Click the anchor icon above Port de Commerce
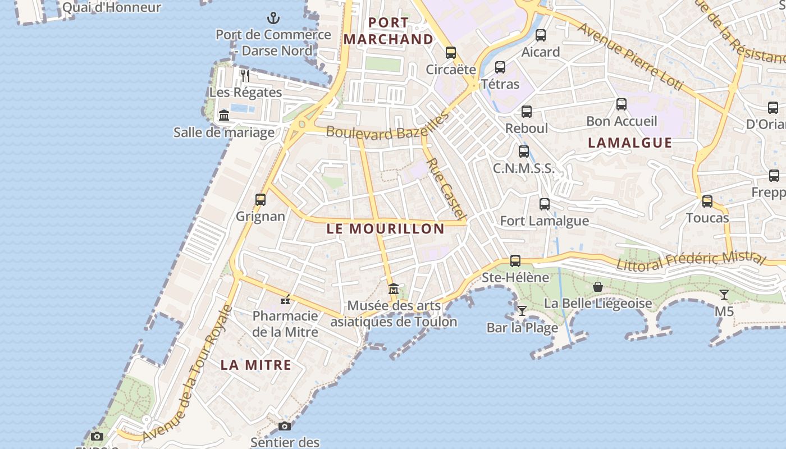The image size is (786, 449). click(273, 18)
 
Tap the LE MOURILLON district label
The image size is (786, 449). click(385, 228)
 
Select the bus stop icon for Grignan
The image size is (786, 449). click(260, 199)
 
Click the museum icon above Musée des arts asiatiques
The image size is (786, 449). click(394, 289)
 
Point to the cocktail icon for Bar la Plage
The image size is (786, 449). click(522, 310)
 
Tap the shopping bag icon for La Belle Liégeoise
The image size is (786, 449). click(598, 287)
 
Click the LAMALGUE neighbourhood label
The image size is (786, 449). click(630, 143)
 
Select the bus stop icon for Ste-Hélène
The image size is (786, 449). click(515, 261)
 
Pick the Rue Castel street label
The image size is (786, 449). click(446, 189)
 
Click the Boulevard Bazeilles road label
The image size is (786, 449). click(388, 126)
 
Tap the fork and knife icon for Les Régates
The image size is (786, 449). click(245, 75)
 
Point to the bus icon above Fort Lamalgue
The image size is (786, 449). click(544, 204)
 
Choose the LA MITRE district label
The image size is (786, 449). click(255, 365)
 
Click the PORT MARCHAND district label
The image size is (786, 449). click(389, 31)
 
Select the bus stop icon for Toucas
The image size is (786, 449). click(707, 201)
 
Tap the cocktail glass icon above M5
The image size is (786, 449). click(724, 294)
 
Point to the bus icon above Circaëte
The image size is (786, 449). click(450, 53)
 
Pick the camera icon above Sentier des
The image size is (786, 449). click(285, 426)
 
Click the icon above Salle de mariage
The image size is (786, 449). click(224, 116)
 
